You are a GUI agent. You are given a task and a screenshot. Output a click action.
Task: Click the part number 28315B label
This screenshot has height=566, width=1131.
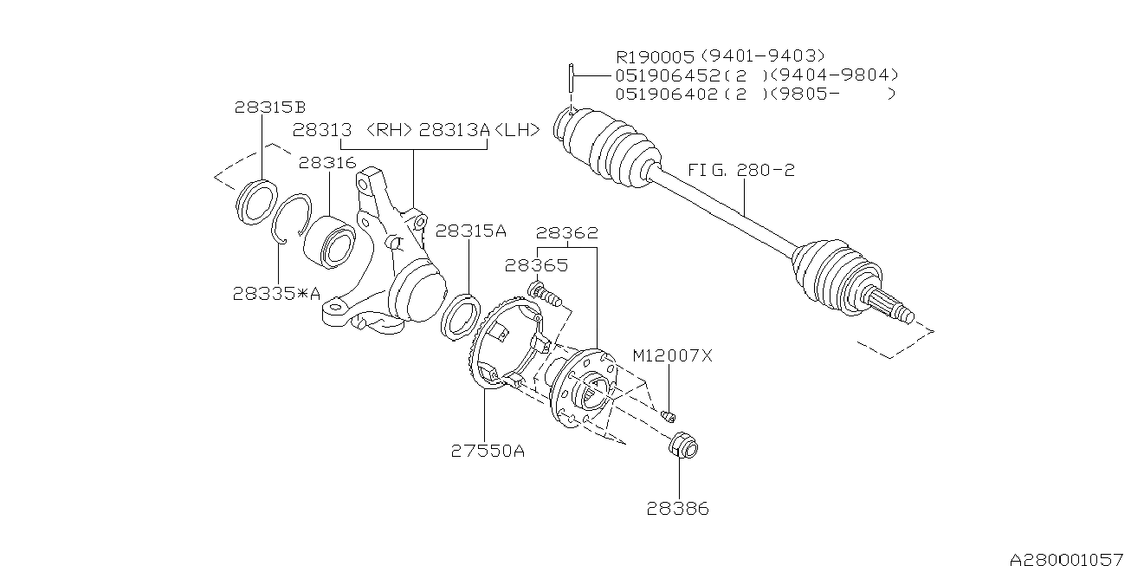pos(269,107)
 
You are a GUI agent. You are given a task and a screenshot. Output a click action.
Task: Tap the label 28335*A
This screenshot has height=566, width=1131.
pos(276,294)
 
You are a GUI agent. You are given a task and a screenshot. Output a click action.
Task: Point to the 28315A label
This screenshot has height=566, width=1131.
pos(470,231)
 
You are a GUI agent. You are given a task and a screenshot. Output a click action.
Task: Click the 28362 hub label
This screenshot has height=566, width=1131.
pos(566,232)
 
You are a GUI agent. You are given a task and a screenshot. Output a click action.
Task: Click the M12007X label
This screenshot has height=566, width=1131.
pos(672,356)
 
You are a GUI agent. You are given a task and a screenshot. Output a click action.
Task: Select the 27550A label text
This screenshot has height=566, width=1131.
pos(488,451)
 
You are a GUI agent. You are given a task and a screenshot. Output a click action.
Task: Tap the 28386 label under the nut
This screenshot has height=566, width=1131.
pos(677,509)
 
